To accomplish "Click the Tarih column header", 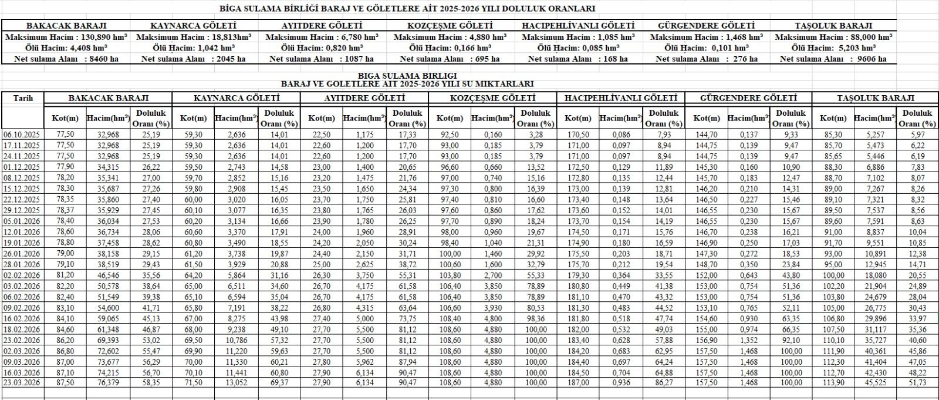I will [x=23, y=98].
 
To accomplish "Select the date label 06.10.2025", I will [x=22, y=135].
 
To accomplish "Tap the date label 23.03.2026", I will [x=22, y=382].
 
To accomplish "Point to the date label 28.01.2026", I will [x=22, y=264].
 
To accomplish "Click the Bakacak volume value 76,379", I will [x=108, y=382].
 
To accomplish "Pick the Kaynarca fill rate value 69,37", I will [x=280, y=382].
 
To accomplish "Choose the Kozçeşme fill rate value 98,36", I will [x=536, y=318].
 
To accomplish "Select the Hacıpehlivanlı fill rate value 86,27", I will [x=664, y=382].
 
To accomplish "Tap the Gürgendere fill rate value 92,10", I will [x=791, y=340].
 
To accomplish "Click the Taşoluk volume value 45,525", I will [x=874, y=382].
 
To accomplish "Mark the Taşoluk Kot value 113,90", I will [x=833, y=382].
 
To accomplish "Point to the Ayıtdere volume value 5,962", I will [x=364, y=361].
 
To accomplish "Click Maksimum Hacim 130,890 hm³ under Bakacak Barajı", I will [x=66, y=37].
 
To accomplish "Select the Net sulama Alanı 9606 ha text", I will [x=833, y=59].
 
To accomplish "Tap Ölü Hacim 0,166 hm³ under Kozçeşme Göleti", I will [x=450, y=48].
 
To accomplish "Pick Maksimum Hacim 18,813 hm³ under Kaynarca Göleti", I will [x=194, y=37].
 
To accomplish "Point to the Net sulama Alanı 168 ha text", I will [x=577, y=59].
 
